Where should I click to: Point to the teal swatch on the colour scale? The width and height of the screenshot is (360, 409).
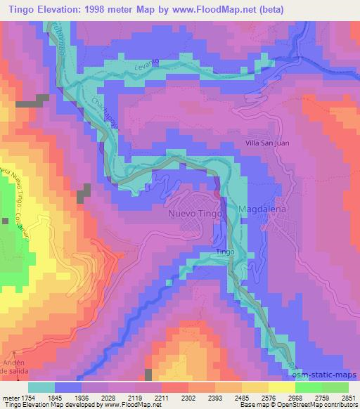coord(41,387)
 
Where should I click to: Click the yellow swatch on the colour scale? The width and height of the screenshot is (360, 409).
coord(281,387)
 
